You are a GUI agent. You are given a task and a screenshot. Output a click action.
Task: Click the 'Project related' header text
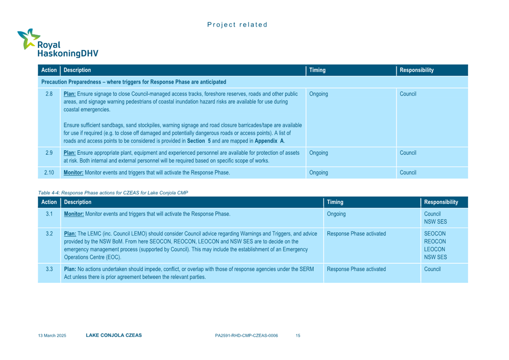coord(237,25)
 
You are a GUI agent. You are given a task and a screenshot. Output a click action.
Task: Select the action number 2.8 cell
coord(49,94)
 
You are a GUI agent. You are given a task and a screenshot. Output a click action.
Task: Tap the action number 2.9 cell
coord(49,153)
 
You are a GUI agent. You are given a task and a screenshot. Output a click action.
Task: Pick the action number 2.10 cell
coord(49,173)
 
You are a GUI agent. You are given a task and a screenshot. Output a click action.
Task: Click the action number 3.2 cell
coord(49,234)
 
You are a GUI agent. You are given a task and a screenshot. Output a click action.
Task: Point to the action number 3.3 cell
coord(49,269)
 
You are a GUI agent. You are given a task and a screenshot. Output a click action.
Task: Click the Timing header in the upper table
coord(317,70)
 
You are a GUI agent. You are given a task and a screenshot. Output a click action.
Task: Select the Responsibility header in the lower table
coord(441,202)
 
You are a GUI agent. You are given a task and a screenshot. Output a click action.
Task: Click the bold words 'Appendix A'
coord(269,141)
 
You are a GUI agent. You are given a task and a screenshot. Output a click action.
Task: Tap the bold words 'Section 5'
coord(199,141)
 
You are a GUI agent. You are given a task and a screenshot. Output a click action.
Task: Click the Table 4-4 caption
coord(113,193)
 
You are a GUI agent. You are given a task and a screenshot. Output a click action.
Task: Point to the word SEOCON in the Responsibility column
coord(435,234)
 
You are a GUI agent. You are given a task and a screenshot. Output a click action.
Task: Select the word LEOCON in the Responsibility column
coord(435,249)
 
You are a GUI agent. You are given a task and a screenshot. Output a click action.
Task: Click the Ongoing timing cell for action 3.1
coord(336,214)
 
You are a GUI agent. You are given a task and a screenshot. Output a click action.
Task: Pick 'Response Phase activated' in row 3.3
coord(356,269)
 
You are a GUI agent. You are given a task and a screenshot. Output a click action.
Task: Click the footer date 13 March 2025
coord(52,336)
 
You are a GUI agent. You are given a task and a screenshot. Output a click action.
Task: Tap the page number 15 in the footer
coord(298,336)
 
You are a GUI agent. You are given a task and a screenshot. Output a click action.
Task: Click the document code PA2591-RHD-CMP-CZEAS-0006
coord(246,336)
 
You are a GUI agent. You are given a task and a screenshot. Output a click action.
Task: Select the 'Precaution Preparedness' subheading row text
coord(134,82)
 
